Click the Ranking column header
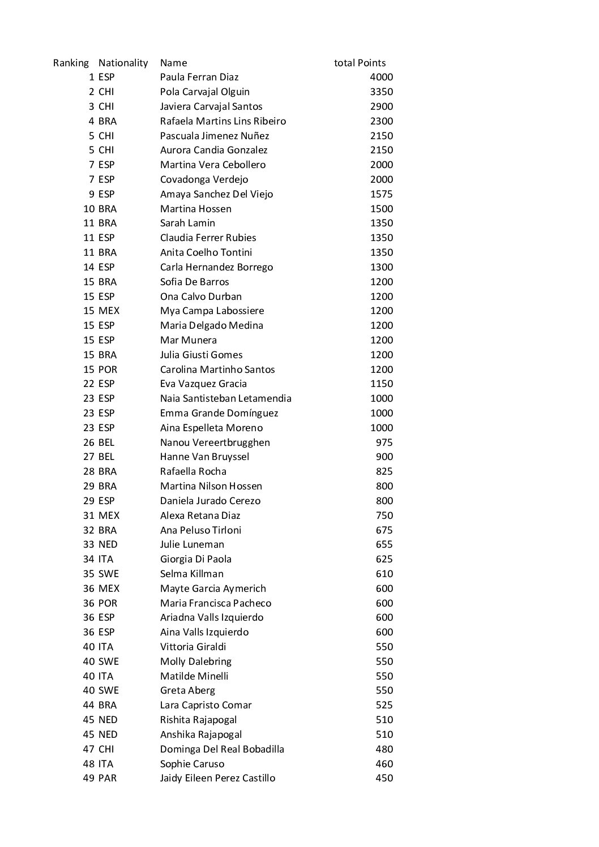pos(71,63)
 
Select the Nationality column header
pos(123,63)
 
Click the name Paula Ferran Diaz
pos(199,78)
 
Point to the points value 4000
pos(381,78)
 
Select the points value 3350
pos(381,92)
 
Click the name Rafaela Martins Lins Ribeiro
pos(223,121)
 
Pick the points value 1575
pos(381,194)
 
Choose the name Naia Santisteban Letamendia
pos(226,398)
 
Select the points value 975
pos(384,442)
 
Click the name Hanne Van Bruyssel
pos(205,457)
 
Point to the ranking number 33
pos(89,544)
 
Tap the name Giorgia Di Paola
pos(196,559)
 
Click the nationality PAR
pos(108,778)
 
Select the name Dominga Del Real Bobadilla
pos(222,749)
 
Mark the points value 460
pos(384,764)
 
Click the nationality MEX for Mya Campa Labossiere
pos(109,311)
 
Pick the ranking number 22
pos(89,384)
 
